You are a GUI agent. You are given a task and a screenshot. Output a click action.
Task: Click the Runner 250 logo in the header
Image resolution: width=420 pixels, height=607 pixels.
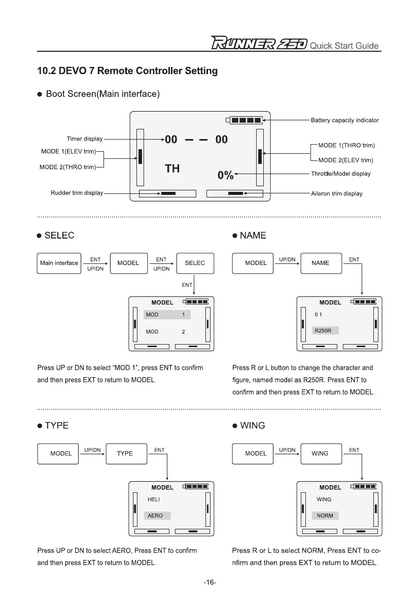coord(259,44)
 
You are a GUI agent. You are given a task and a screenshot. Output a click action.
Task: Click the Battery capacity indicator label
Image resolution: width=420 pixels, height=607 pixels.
coord(344,120)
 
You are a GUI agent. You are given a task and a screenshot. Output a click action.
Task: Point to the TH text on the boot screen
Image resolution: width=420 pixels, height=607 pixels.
coord(172,168)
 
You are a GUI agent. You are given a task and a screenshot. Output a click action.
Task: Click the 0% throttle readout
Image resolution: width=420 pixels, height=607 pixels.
coord(225,175)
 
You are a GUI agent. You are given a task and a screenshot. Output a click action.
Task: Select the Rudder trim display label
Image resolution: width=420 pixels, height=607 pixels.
coord(77,193)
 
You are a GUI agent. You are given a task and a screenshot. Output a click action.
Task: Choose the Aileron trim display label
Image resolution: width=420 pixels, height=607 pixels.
coord(336,193)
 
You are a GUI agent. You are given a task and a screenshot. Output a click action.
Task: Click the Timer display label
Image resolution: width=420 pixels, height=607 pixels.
coord(85,139)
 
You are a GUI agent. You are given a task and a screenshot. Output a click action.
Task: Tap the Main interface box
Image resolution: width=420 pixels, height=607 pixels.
coord(59,263)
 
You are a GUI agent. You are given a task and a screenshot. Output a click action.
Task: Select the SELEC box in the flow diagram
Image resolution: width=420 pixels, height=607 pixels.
coord(195,263)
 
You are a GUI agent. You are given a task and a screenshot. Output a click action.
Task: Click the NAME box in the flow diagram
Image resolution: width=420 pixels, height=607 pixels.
coord(320,263)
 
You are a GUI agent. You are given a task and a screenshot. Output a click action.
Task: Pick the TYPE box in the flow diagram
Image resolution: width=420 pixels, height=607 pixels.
coord(125,453)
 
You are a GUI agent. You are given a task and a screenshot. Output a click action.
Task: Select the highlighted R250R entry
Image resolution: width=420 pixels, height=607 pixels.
coord(325,331)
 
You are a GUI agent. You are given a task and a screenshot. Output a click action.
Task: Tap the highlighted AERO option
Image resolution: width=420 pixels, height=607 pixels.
coord(157,515)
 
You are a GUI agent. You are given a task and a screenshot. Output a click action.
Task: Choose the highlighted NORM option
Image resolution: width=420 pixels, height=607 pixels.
coord(325,515)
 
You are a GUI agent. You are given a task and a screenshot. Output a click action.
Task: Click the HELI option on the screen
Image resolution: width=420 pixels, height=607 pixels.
coord(154,499)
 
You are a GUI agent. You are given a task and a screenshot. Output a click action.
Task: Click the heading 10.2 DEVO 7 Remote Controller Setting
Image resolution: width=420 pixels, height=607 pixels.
coord(127,71)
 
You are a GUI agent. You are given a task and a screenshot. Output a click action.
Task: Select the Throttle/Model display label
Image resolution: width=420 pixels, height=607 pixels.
coord(340,174)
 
